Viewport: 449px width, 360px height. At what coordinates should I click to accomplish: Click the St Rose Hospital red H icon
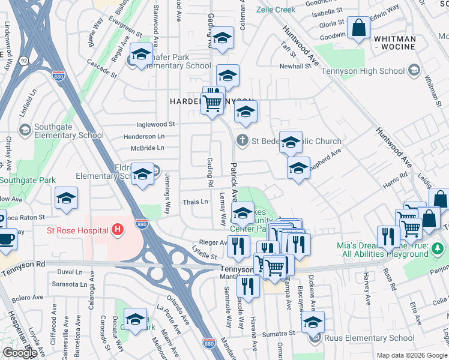pyautogui.click(x=118, y=230)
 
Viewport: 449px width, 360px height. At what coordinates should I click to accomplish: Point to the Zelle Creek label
pyautogui.click(x=276, y=10)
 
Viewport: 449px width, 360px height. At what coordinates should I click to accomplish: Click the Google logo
pyautogui.click(x=20, y=353)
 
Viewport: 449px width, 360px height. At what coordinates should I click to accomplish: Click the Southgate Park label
pyautogui.click(x=28, y=180)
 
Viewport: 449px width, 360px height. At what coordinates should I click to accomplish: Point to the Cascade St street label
pyautogui.click(x=101, y=62)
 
